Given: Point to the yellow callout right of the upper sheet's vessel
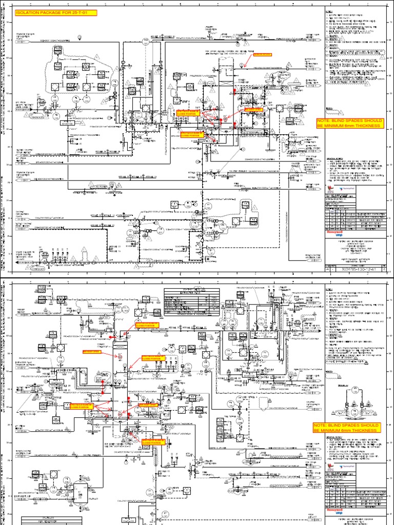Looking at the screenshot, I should coord(253,110).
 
